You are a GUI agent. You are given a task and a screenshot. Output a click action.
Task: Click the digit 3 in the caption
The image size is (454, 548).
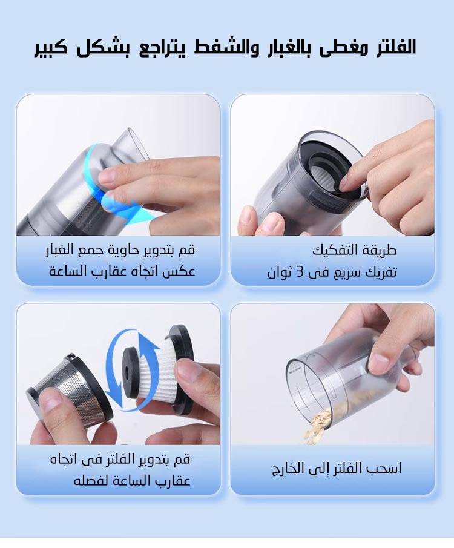pyautogui.click(x=300, y=272)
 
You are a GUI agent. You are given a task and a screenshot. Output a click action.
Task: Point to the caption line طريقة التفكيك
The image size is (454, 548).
pyautogui.click(x=354, y=251)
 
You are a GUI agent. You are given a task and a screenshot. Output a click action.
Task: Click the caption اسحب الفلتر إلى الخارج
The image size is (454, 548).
pyautogui.click(x=337, y=468)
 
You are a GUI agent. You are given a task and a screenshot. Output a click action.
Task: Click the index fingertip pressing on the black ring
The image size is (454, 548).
pyautogui.click(x=347, y=183)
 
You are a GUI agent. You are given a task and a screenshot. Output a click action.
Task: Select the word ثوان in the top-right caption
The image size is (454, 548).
pyautogui.click(x=280, y=272)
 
